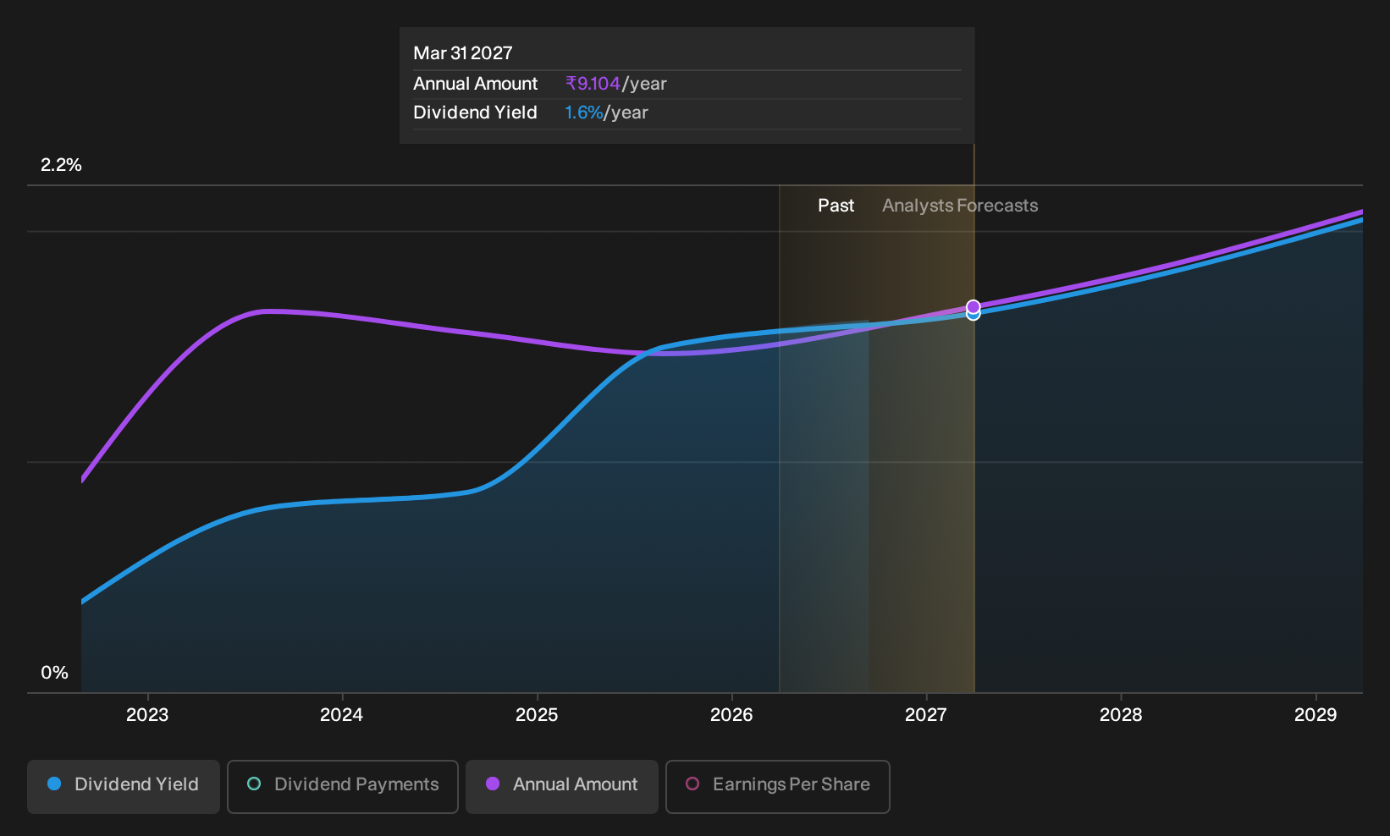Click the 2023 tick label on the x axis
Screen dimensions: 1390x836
(x=147, y=715)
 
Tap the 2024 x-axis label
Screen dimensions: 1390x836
(x=341, y=715)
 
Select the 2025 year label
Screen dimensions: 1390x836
(x=537, y=715)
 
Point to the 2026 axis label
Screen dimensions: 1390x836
(x=731, y=715)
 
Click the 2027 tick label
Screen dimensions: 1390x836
(x=926, y=715)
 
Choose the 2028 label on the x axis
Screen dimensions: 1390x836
(x=1121, y=715)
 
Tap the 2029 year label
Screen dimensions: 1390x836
(x=1316, y=715)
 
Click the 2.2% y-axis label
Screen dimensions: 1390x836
(x=61, y=165)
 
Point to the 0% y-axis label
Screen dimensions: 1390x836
(x=55, y=673)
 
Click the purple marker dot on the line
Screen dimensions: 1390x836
(x=973, y=307)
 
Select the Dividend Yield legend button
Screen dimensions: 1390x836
(x=124, y=786)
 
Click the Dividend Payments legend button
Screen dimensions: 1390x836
(x=343, y=786)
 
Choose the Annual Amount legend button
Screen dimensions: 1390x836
(x=561, y=786)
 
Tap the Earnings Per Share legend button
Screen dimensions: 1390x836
(x=777, y=786)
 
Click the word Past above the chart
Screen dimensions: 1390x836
(x=836, y=206)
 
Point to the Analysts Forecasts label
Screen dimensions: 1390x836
(x=960, y=206)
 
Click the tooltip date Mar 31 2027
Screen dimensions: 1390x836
(x=463, y=53)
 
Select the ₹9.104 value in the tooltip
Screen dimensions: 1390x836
(x=593, y=84)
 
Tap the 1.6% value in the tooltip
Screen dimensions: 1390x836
(x=583, y=113)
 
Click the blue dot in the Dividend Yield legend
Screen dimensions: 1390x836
(x=55, y=784)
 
